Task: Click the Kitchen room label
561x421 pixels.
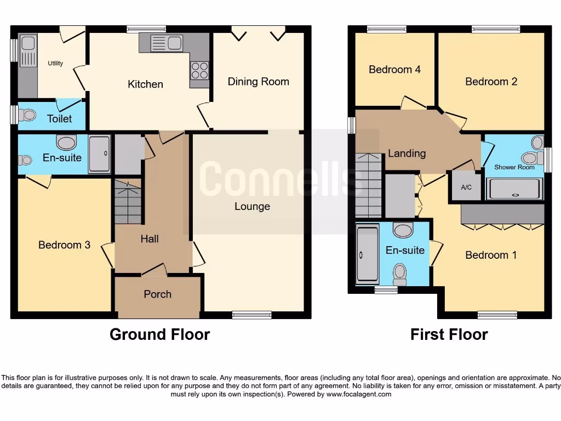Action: tap(145, 84)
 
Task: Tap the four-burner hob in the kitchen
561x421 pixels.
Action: tap(199, 71)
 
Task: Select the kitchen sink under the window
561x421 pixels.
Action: tap(167, 43)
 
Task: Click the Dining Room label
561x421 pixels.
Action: tap(258, 82)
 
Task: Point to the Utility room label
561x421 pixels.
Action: tap(55, 63)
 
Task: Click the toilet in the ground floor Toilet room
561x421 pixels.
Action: tap(27, 115)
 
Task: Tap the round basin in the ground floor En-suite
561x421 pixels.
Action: tap(66, 143)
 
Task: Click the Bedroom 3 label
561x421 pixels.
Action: tap(64, 245)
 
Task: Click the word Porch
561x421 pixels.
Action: tap(157, 294)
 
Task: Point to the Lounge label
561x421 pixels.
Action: tap(252, 207)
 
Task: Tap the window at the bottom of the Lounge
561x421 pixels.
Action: tap(251, 315)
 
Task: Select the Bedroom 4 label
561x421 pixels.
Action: tap(394, 70)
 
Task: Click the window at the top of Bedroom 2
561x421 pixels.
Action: tap(496, 30)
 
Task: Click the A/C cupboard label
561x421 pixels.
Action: tap(466, 187)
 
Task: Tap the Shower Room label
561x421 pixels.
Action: tap(514, 167)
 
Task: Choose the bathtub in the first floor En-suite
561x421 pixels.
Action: tap(367, 254)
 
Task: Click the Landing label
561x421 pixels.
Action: tap(407, 153)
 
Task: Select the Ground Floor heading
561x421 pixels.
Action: tap(159, 334)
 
